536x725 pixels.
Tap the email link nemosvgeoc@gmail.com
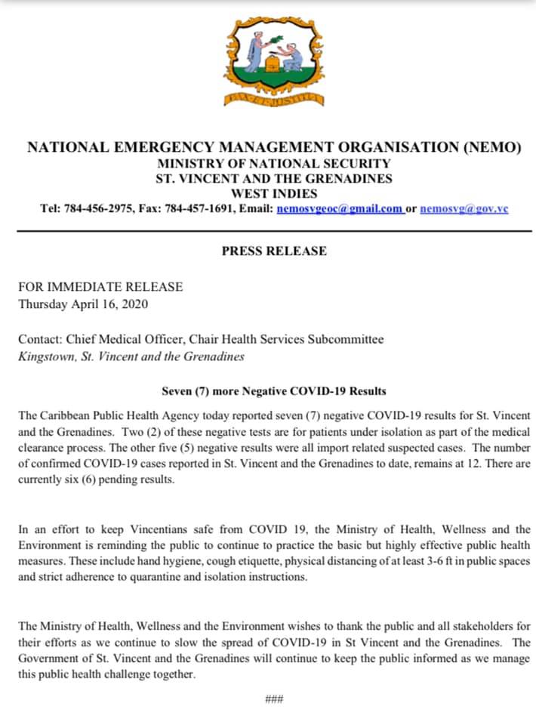[x=340, y=208]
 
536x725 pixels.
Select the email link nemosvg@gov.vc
[x=464, y=208]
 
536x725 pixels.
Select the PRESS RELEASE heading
[x=274, y=251]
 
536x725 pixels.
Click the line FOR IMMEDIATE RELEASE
[x=100, y=287]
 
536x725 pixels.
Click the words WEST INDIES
[x=273, y=193]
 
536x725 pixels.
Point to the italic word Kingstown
[x=45, y=356]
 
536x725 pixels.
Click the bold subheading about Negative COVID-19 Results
[x=274, y=391]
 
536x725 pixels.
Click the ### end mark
[x=274, y=699]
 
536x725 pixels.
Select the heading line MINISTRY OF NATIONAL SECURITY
[x=274, y=163]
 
